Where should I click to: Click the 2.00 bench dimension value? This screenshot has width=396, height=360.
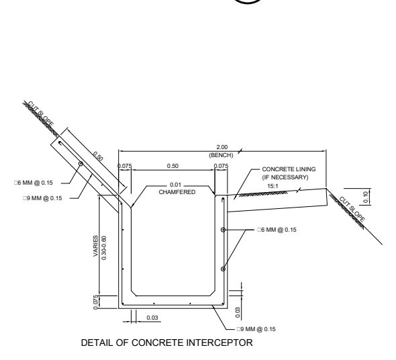[x=221, y=147]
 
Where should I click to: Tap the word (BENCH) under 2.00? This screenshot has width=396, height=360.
[x=221, y=155]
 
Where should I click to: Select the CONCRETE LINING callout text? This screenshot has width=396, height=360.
[x=289, y=169]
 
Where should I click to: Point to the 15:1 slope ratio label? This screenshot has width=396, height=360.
[x=273, y=186]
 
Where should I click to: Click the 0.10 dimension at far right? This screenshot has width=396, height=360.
[x=365, y=197]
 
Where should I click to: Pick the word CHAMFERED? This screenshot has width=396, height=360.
[x=177, y=192]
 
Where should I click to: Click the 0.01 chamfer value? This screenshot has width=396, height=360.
[x=176, y=185]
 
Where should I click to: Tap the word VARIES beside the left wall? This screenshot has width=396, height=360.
[x=95, y=246]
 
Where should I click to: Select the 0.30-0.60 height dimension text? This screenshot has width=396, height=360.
[x=104, y=248]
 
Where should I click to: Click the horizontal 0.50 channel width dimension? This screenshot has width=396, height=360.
[x=172, y=166]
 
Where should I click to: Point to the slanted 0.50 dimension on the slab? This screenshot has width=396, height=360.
[x=98, y=156]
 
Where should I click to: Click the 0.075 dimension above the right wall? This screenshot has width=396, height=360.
[x=221, y=166]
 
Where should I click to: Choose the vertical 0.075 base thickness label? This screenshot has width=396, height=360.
[x=95, y=302]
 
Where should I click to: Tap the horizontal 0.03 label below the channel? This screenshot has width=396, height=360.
[x=152, y=318]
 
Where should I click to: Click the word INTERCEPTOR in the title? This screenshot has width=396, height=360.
[x=219, y=343]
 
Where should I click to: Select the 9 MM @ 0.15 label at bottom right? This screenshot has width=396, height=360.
[x=256, y=329]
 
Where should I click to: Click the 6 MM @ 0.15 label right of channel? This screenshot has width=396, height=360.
[x=277, y=230]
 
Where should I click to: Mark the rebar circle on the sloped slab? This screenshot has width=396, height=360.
[x=81, y=164]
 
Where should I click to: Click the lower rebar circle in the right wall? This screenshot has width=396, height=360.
[x=223, y=269]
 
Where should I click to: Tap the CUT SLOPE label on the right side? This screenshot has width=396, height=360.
[x=352, y=209]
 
